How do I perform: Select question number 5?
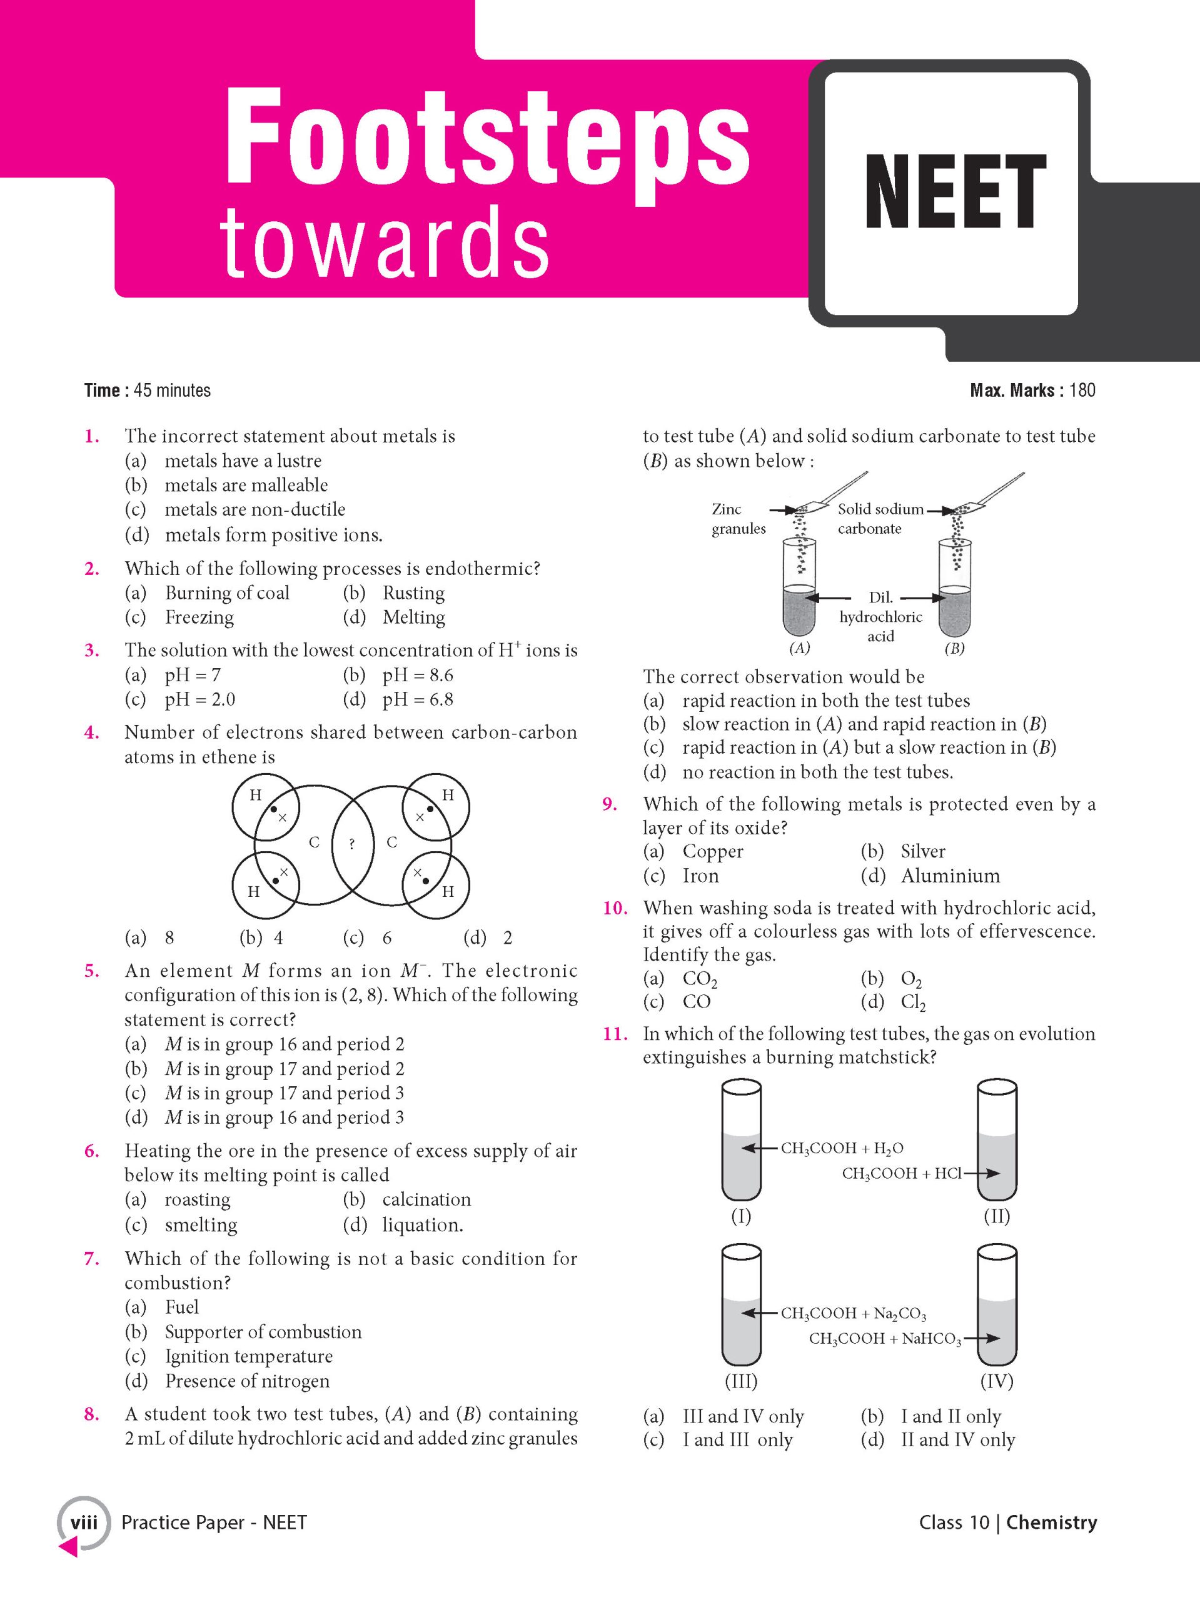[x=92, y=971]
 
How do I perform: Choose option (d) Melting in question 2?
[x=413, y=617]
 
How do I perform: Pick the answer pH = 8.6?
[x=418, y=675]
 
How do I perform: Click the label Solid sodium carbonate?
[x=879, y=519]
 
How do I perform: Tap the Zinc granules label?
[x=737, y=519]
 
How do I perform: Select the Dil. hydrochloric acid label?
[x=881, y=617]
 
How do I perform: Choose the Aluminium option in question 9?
[x=950, y=876]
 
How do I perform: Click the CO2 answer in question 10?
[x=699, y=979]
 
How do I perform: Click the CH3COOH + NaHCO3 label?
[x=884, y=1339]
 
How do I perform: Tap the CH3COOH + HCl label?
[x=900, y=1174]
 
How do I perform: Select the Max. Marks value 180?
[x=1082, y=391]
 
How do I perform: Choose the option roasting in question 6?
[x=197, y=1200]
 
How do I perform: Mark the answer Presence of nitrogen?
[x=247, y=1381]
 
